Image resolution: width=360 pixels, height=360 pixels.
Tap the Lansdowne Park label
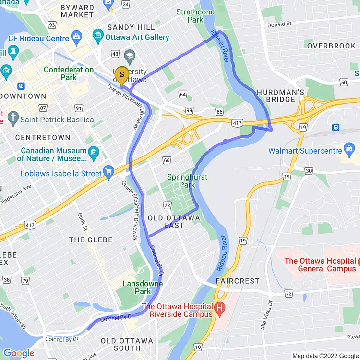[143, 287]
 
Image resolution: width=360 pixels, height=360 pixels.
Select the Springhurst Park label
[187, 181]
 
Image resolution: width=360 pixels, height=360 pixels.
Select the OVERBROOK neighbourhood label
[331, 46]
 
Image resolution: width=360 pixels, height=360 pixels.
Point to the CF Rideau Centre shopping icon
[76, 36]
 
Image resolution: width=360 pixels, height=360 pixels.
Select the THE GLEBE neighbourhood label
[91, 240]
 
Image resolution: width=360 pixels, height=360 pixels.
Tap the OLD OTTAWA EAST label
[174, 221]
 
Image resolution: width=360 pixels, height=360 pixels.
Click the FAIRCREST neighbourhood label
[237, 281]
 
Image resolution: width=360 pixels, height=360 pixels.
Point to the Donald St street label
[279, 24]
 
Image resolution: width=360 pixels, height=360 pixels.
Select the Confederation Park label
[69, 73]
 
